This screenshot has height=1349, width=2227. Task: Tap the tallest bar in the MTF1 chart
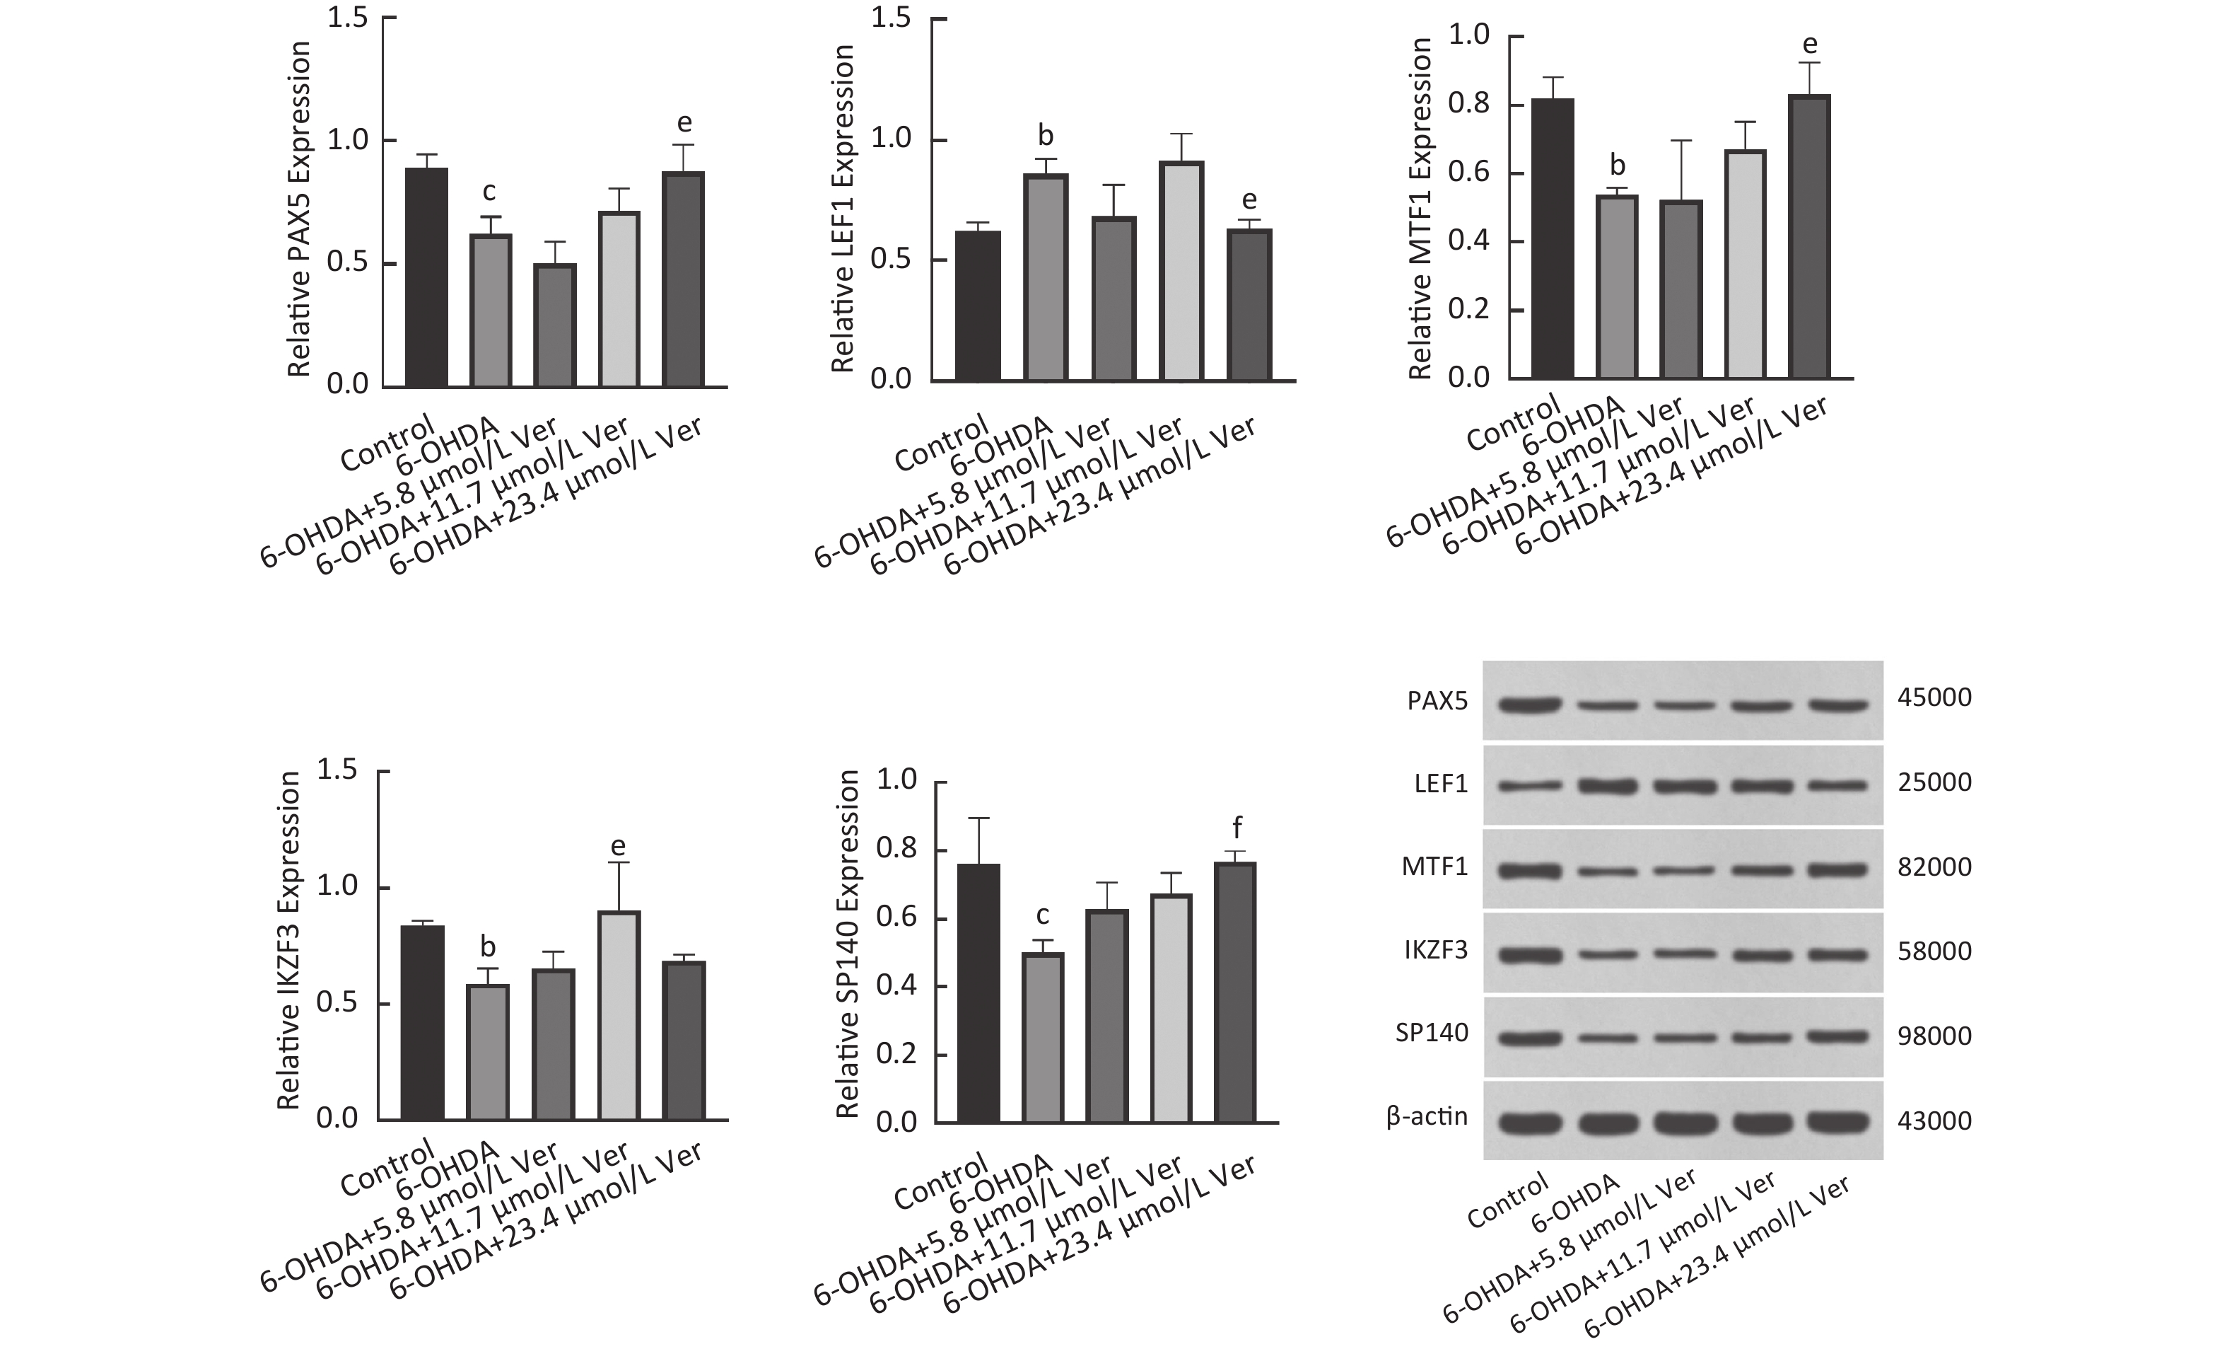[1808, 236]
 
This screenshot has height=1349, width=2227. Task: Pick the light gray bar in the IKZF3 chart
[619, 1015]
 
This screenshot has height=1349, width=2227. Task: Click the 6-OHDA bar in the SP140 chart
[1043, 1037]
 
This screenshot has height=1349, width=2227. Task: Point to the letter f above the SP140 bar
[1237, 828]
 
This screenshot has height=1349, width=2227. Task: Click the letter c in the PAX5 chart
[489, 192]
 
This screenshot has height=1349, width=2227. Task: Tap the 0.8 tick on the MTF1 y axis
[1468, 105]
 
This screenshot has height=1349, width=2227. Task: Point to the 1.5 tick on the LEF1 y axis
[890, 19]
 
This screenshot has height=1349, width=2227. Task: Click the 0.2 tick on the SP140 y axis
[896, 1054]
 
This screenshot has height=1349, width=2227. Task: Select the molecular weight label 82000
[1934, 868]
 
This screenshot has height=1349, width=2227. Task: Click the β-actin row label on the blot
[1427, 1118]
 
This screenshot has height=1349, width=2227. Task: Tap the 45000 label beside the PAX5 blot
[1934, 698]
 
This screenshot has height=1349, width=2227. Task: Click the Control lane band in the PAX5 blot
[1529, 705]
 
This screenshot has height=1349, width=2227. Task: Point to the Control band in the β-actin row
[1529, 1122]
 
